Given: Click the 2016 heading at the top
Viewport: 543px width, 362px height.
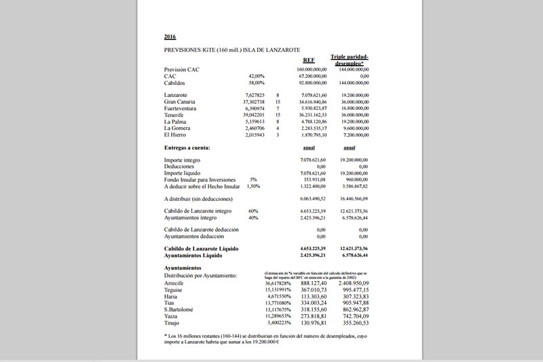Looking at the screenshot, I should (170, 36).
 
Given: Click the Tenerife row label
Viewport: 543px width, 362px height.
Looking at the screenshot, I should (176, 115).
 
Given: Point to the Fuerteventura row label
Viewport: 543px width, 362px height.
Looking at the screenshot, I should (181, 109).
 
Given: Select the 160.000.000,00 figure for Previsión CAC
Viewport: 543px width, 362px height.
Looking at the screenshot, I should (312, 69).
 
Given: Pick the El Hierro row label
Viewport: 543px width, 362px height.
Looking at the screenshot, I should (176, 136).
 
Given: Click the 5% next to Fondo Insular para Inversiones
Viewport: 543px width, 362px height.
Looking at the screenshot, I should (253, 179).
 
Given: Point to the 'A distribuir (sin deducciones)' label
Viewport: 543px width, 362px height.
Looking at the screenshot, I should (198, 198).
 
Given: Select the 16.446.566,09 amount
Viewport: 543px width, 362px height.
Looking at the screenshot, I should (354, 198).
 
